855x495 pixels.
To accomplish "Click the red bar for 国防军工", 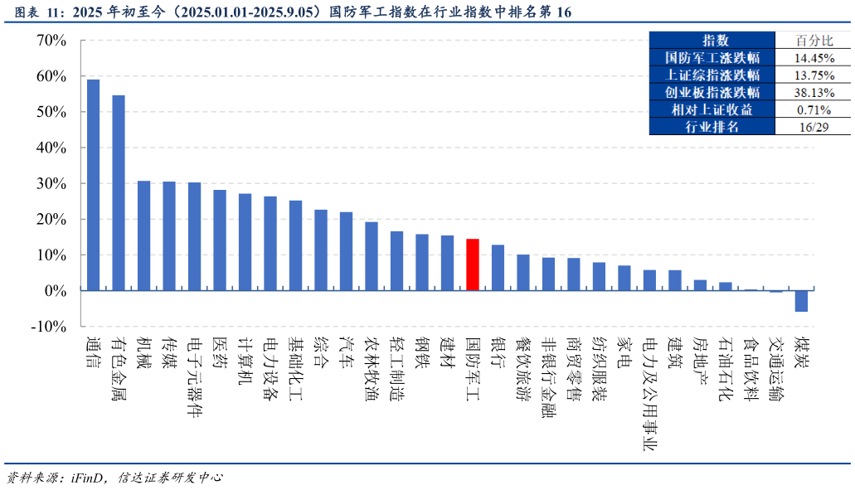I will (x=472, y=264).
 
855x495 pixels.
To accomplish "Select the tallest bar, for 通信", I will (x=93, y=185).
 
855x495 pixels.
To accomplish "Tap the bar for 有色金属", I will (x=119, y=192).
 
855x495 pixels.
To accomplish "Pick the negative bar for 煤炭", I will (x=801, y=301).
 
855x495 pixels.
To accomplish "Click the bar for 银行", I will (x=498, y=267).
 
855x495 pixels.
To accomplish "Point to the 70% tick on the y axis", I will (x=50, y=40).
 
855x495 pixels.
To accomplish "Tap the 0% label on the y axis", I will (x=54, y=291).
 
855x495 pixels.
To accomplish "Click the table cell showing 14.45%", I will (x=814, y=58).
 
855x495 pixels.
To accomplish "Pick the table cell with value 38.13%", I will (x=814, y=93).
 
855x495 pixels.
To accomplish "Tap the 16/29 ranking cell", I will (x=814, y=127).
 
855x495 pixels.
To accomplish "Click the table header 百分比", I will (x=814, y=41).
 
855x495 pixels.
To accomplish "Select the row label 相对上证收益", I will (x=712, y=109).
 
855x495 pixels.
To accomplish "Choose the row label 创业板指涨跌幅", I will (x=712, y=93).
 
